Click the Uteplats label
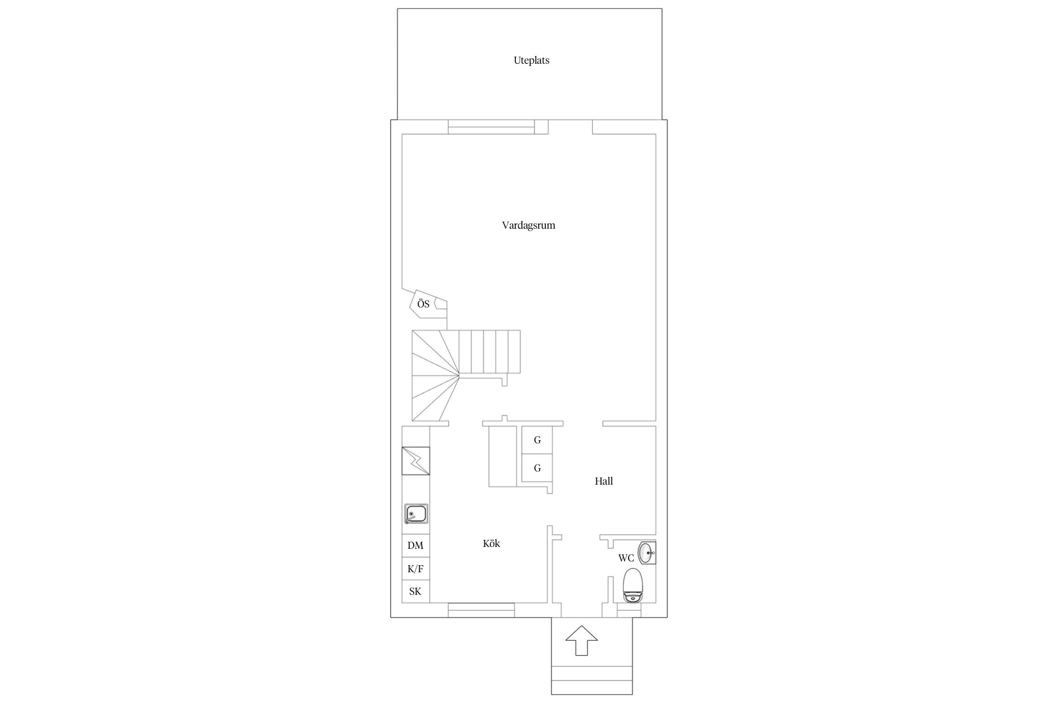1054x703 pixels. coord(531,60)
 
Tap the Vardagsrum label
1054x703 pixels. coord(528,225)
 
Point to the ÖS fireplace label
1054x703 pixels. coord(423,304)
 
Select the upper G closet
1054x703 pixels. coord(537,440)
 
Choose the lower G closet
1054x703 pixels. coord(537,468)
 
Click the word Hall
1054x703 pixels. coord(604,481)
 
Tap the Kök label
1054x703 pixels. coord(491,544)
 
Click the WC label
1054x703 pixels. coord(626,558)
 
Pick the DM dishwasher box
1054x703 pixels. coord(416,546)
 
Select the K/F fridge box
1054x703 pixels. coord(416,569)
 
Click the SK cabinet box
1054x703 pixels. coord(416,591)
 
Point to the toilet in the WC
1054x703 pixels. coord(632,585)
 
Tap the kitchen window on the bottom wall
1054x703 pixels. coord(481,610)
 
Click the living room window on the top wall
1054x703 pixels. coord(491,127)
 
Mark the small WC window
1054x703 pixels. coord(629,610)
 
